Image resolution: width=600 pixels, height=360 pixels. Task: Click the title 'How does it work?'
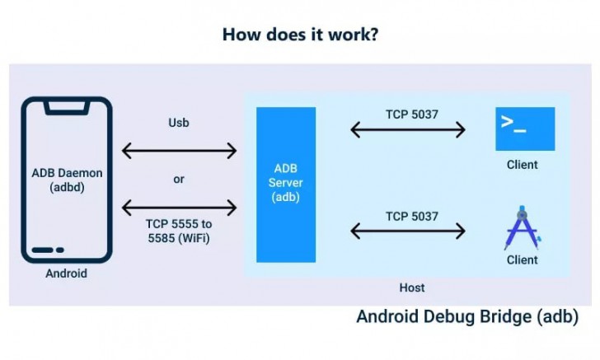300,35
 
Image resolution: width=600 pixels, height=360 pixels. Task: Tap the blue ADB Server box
286,185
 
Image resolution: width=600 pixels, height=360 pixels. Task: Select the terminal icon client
525,129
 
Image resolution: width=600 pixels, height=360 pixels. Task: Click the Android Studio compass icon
522,228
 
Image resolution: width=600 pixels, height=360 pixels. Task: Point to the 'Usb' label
179,124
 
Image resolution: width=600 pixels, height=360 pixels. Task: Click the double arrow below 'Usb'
179,151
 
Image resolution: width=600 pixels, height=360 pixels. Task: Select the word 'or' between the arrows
179,179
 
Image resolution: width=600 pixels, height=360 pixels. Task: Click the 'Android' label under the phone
66,274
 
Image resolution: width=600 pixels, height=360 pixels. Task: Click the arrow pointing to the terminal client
409,129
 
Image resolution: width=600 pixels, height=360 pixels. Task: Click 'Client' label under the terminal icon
523,165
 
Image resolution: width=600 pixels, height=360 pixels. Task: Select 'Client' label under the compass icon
523,259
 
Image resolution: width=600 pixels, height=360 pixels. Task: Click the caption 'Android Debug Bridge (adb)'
467,317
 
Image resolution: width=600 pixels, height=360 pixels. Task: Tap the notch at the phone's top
66,106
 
